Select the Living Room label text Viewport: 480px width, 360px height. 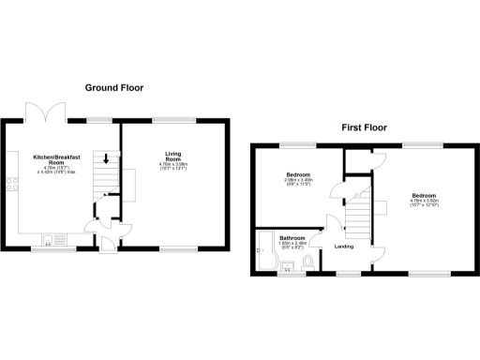click(x=173, y=157)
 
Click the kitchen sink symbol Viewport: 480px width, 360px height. click(x=51, y=238)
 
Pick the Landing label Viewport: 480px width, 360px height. click(x=343, y=247)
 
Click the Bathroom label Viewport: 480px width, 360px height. click(x=292, y=238)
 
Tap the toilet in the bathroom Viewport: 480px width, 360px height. click(x=307, y=260)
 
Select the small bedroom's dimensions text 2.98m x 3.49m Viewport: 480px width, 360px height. click(x=299, y=181)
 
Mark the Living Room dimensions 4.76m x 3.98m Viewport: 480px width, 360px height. click(x=173, y=166)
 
